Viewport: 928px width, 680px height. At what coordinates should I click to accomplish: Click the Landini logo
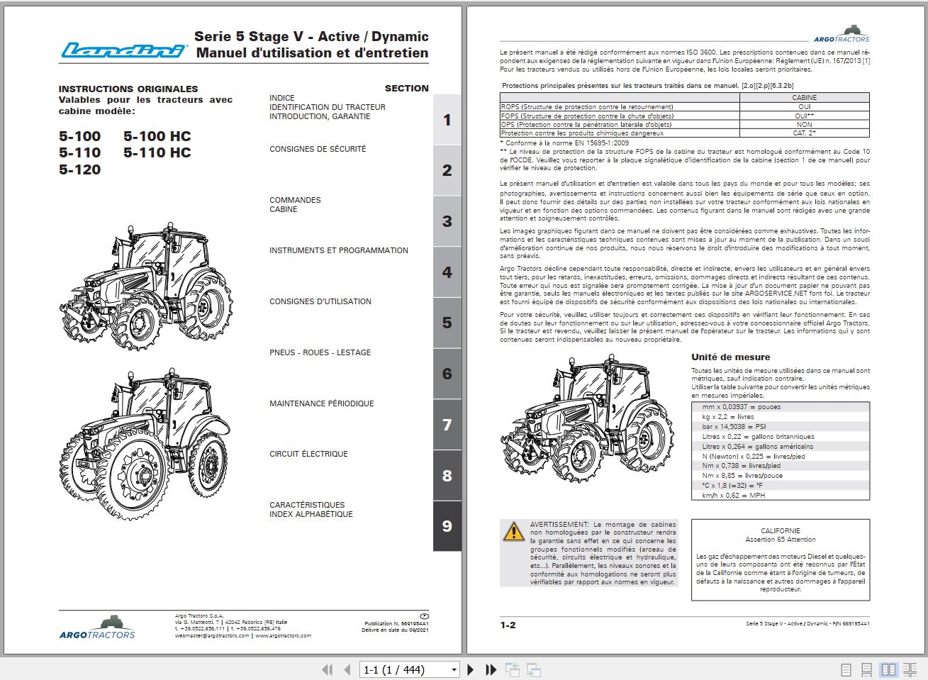pyautogui.click(x=123, y=50)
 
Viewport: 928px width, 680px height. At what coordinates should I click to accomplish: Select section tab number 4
pyautogui.click(x=447, y=272)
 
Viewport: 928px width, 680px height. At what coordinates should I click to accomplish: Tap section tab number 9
pyautogui.click(x=447, y=526)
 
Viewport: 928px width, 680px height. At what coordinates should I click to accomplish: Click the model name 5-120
pyautogui.click(x=80, y=169)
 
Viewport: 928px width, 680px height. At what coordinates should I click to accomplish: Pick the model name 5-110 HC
pyautogui.click(x=157, y=152)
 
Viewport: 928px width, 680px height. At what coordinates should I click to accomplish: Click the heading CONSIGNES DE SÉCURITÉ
pyautogui.click(x=318, y=149)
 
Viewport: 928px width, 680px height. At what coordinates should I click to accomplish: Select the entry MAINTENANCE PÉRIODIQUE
pyautogui.click(x=321, y=403)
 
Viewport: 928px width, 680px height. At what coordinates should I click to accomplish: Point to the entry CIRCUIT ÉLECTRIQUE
pyautogui.click(x=308, y=454)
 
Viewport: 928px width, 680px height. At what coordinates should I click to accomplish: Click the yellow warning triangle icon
pyautogui.click(x=513, y=531)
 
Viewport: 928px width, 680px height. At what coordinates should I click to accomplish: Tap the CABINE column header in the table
pyautogui.click(x=804, y=98)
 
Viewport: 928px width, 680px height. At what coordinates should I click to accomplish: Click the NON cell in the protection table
pyautogui.click(x=804, y=124)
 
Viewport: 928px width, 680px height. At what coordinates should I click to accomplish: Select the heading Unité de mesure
pyautogui.click(x=730, y=357)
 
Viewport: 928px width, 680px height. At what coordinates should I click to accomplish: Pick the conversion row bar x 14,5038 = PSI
pyautogui.click(x=734, y=427)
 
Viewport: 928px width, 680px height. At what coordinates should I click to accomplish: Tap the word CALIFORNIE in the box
pyautogui.click(x=780, y=530)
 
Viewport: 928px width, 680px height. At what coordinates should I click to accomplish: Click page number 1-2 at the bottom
pyautogui.click(x=508, y=625)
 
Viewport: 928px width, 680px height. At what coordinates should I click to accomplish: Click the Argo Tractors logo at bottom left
pyautogui.click(x=97, y=628)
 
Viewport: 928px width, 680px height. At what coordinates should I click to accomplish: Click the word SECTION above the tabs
pyautogui.click(x=406, y=88)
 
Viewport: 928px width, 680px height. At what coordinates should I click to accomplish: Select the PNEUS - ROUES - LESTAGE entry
pyautogui.click(x=320, y=352)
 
